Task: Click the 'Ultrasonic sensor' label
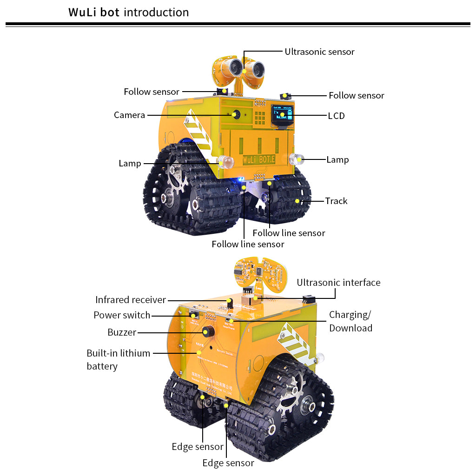tap(319, 52)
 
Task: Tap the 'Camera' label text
tap(129, 115)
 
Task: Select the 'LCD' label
tap(336, 116)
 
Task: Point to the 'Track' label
tap(336, 201)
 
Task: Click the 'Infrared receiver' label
tap(130, 300)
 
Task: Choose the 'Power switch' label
tap(122, 315)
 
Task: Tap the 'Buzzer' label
tap(122, 332)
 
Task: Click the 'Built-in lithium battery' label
tap(118, 359)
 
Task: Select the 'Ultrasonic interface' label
tap(338, 283)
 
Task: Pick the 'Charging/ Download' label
tap(350, 321)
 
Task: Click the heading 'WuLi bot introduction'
tap(129, 12)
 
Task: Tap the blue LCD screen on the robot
tap(282, 115)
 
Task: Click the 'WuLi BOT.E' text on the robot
tap(259, 159)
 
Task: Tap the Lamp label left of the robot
tap(130, 163)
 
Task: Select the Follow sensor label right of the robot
tap(356, 95)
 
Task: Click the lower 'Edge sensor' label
tap(228, 463)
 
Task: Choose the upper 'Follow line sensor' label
tap(289, 233)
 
